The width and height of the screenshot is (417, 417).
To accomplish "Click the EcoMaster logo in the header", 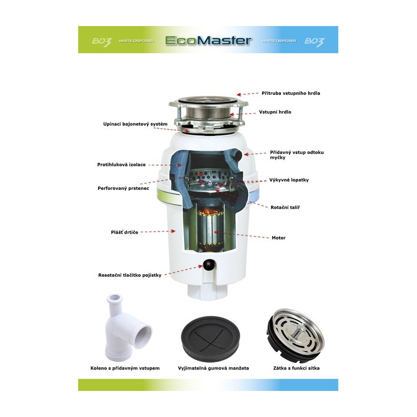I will (208, 40).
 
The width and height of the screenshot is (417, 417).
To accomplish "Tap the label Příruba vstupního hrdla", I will (291, 93).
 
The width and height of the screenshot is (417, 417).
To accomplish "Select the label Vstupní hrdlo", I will (275, 112).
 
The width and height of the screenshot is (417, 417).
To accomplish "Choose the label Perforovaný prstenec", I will (124, 188).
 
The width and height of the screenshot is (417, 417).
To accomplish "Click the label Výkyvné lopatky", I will (289, 180).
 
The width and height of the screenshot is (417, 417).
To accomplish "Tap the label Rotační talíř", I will (285, 207).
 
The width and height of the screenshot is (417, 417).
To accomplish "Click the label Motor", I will (278, 238).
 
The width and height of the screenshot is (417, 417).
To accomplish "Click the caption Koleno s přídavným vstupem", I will (125, 368).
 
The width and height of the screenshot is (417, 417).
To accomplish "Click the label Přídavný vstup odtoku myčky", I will (297, 154).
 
